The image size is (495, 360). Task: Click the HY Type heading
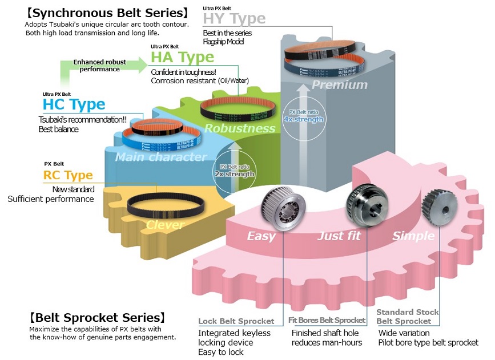(234, 19)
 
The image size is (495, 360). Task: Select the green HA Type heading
(182, 57)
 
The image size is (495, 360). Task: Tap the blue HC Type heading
(74, 104)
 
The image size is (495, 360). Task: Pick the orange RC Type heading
(67, 175)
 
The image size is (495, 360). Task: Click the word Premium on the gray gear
(339, 85)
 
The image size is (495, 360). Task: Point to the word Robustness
(239, 128)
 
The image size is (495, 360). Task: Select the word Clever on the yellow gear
(164, 225)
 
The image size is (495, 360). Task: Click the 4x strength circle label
(303, 116)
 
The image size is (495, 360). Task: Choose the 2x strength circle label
(235, 171)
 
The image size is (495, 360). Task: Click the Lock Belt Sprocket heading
(236, 321)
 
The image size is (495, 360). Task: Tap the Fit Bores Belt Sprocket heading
(327, 321)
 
